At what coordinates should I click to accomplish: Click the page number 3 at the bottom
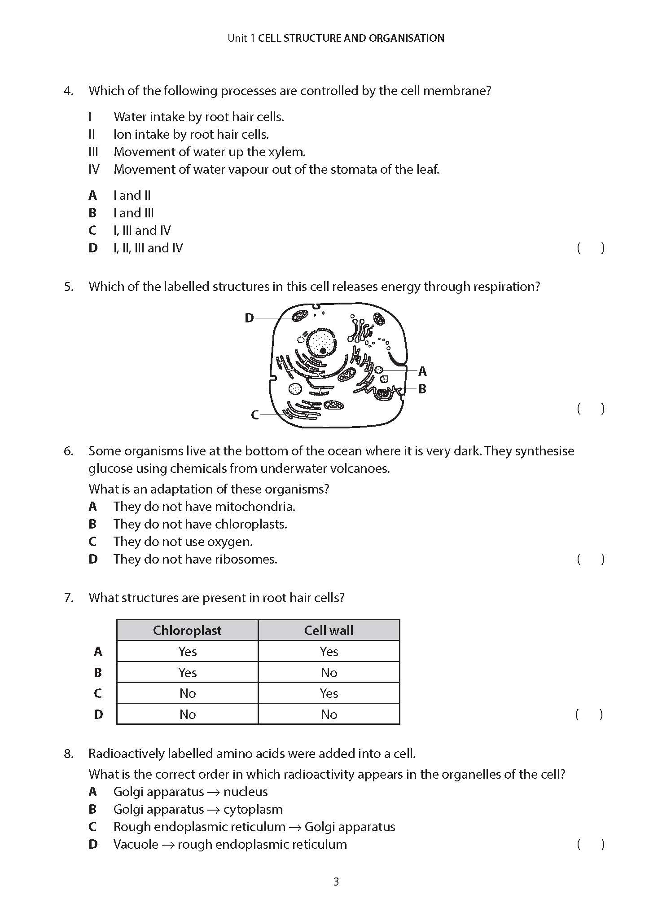click(x=336, y=882)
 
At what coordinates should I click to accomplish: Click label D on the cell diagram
click(x=249, y=318)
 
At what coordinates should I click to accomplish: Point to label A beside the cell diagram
click(x=422, y=371)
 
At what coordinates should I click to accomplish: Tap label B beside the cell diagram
click(x=422, y=389)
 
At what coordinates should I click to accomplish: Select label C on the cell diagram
click(x=255, y=414)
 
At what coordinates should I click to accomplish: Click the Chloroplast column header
click(x=187, y=630)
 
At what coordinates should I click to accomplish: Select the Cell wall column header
click(x=329, y=630)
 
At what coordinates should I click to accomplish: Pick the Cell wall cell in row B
click(x=329, y=672)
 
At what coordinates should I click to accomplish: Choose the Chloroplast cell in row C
click(x=187, y=693)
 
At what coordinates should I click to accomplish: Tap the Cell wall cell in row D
click(x=329, y=714)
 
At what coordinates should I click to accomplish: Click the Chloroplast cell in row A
click(x=187, y=651)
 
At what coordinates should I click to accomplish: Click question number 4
click(x=68, y=91)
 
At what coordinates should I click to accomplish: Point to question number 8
click(x=68, y=754)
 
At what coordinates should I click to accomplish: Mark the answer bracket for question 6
click(x=591, y=559)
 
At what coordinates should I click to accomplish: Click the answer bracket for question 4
click(x=591, y=248)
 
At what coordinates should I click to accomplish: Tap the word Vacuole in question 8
click(x=136, y=844)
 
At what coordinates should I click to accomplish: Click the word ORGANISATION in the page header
click(x=407, y=38)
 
